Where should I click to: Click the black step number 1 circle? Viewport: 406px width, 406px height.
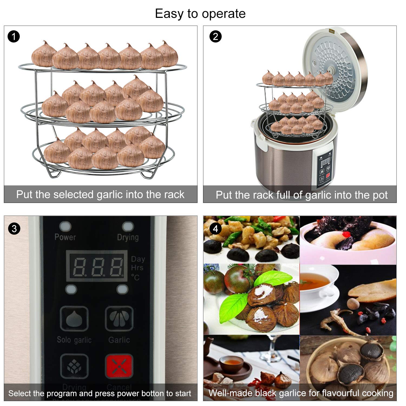14,36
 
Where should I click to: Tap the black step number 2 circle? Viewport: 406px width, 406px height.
215,36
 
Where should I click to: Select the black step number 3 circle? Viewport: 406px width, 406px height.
14,229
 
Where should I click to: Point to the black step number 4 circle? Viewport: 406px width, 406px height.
215,229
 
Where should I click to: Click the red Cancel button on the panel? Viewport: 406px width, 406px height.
119,366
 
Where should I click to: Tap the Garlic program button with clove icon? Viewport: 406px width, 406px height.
119,319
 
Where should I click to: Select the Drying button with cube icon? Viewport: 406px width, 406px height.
74,366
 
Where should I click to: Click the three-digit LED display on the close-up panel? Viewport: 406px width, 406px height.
97,266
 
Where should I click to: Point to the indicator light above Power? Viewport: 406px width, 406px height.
65,226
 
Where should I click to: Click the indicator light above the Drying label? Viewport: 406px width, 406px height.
128,226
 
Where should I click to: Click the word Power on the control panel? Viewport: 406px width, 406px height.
65,237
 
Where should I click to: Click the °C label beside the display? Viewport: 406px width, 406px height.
135,277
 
